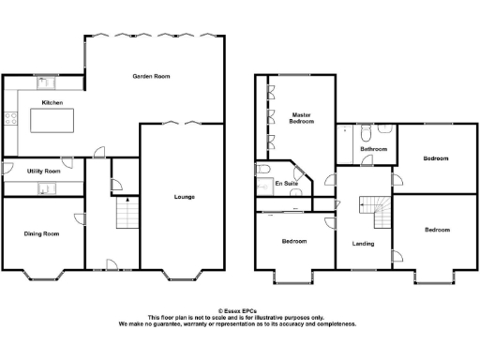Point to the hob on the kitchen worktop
point(12,119)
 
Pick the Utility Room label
point(44,172)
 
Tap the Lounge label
point(184,197)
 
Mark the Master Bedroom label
point(302,118)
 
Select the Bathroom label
point(374,149)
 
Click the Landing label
point(363,244)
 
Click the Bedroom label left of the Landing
point(294,241)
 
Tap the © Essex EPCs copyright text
point(237,310)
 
